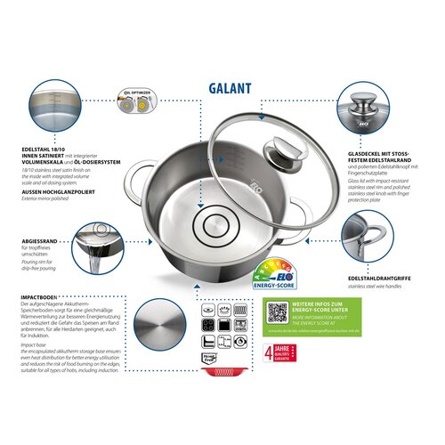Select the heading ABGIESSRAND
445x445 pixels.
pyautogui.click(x=39, y=241)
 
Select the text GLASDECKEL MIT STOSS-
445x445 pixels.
pyautogui.click(x=367, y=153)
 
